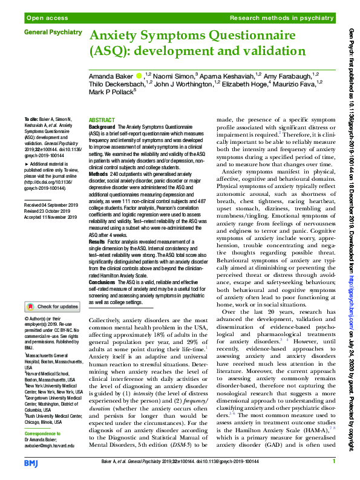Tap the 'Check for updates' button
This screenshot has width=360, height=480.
tap(51, 306)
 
